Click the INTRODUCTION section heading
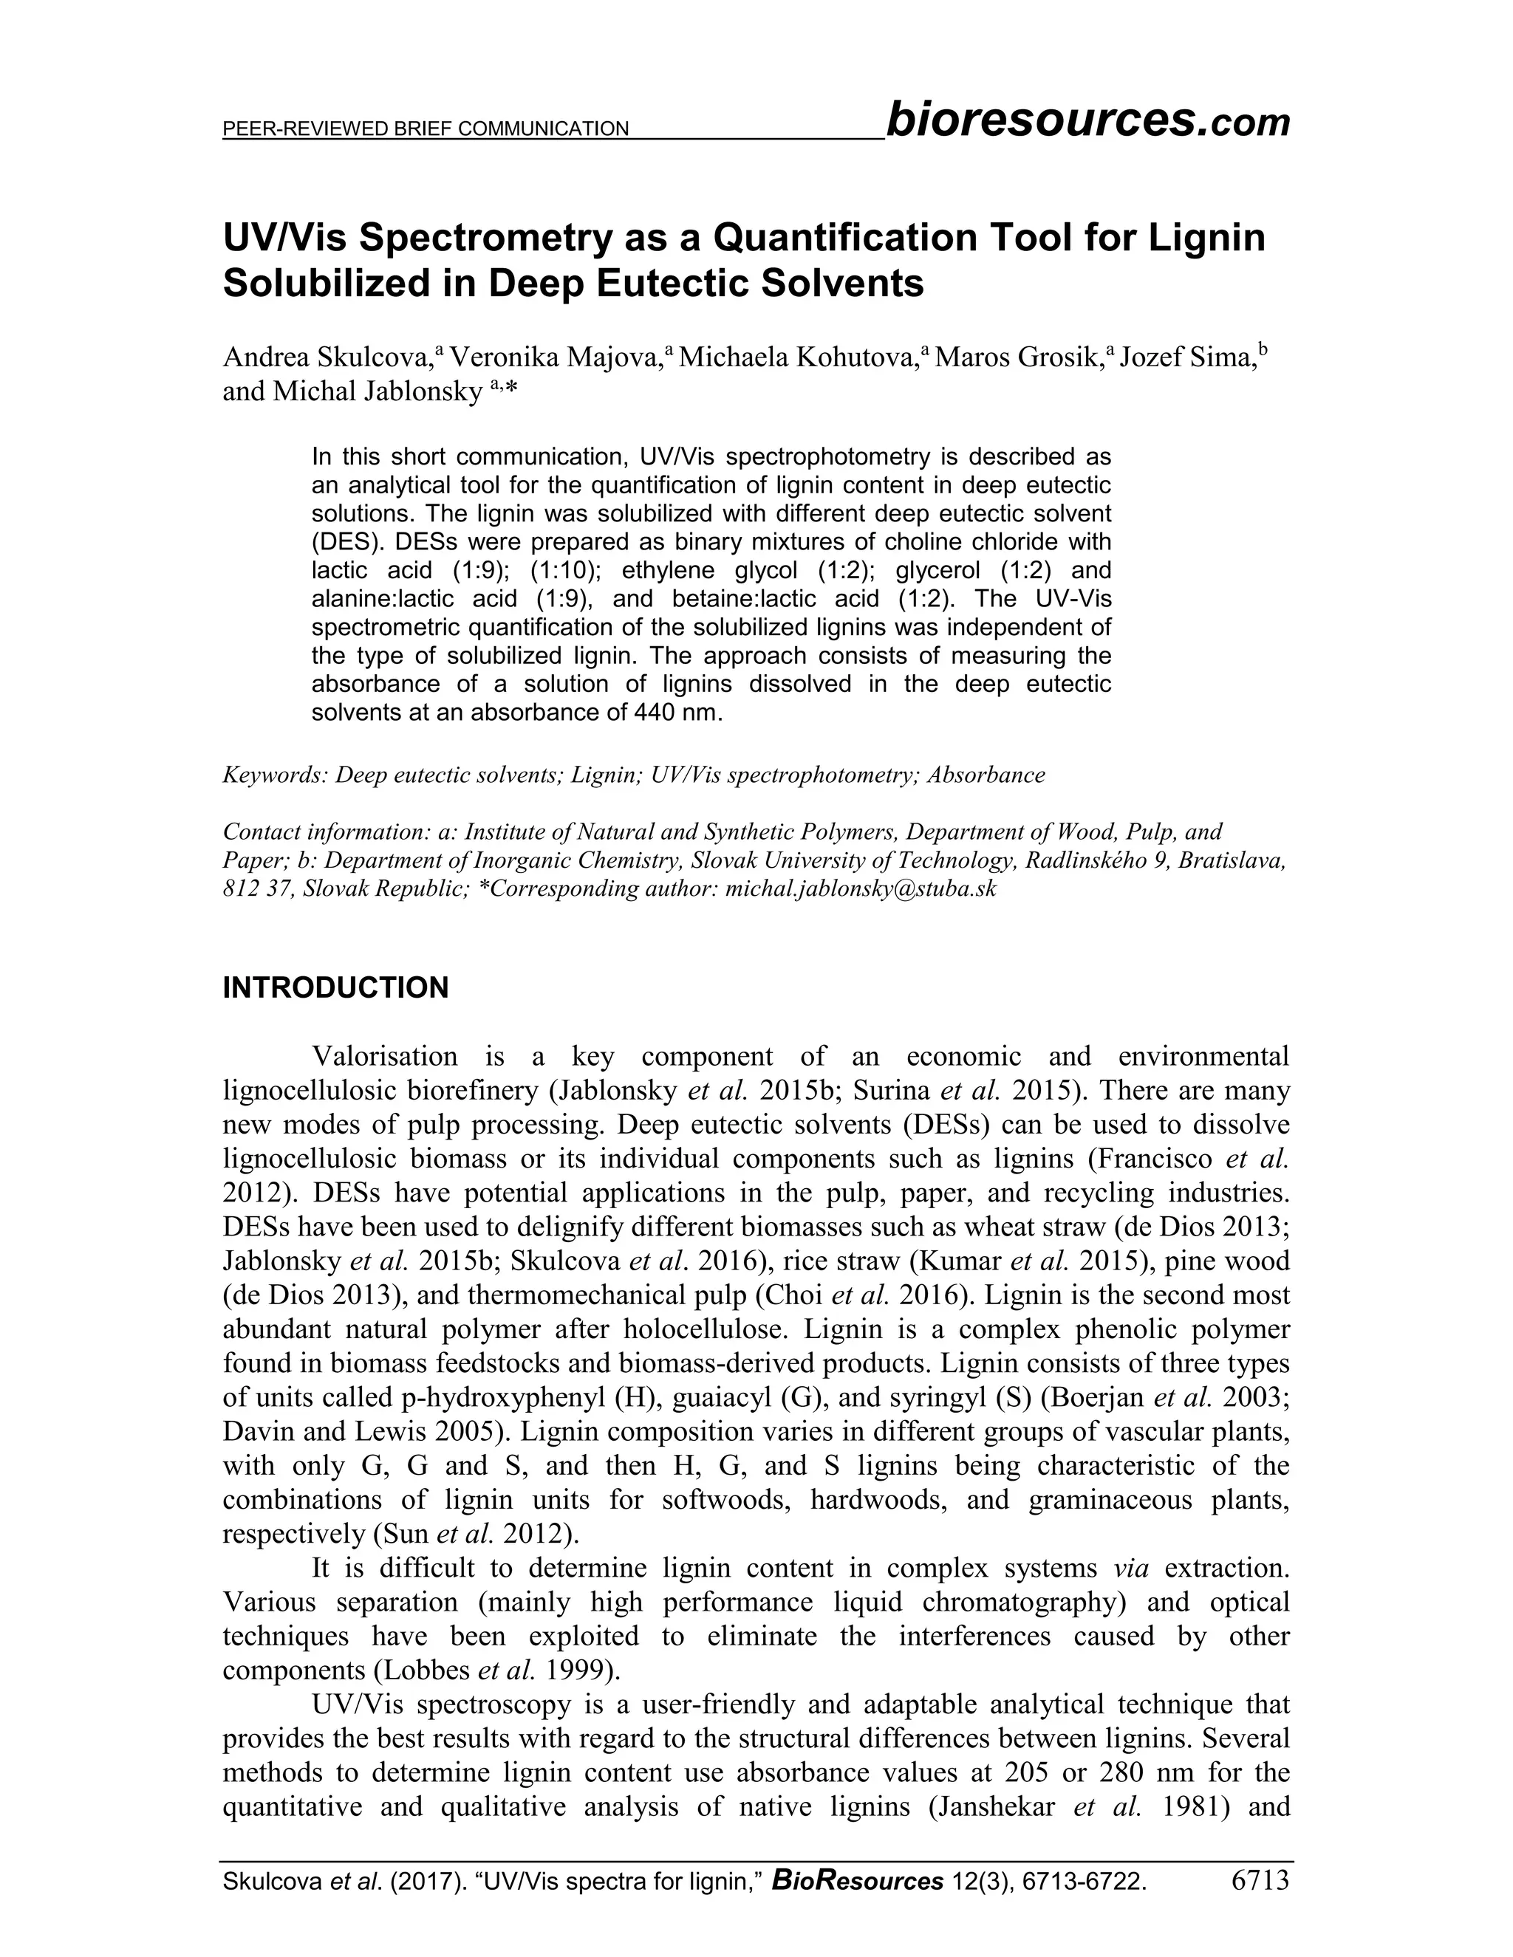[335, 988]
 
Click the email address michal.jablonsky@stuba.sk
[861, 889]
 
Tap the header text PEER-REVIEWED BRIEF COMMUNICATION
[426, 129]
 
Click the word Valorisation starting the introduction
[383, 1057]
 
